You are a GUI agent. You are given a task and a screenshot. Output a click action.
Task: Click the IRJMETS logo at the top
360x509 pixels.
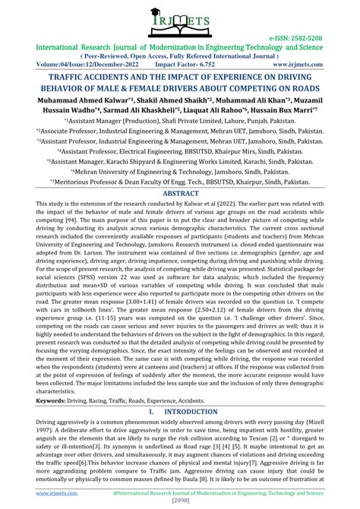click(x=180, y=22)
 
